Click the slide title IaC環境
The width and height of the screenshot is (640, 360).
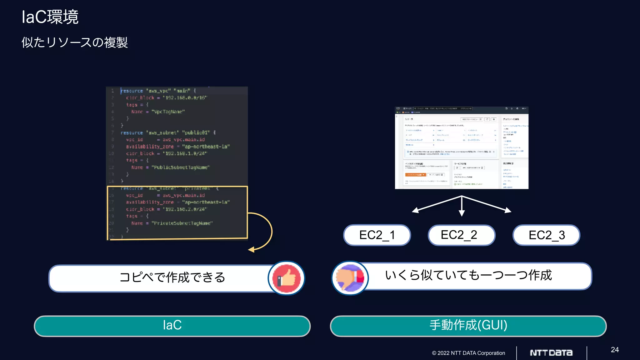pyautogui.click(x=50, y=17)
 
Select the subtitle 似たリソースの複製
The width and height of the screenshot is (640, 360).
pyautogui.click(x=75, y=42)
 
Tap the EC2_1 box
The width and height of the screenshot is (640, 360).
pyautogui.click(x=377, y=235)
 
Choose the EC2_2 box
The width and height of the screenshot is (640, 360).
pyautogui.click(x=462, y=235)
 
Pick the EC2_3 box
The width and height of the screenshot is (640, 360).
pyautogui.click(x=546, y=235)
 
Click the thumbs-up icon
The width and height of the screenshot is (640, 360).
pyautogui.click(x=286, y=278)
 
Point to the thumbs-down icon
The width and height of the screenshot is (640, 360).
pyautogui.click(x=350, y=278)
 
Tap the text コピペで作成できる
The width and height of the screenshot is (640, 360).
pyautogui.click(x=172, y=277)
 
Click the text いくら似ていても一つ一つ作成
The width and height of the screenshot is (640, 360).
pyautogui.click(x=468, y=275)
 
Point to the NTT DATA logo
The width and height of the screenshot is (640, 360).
pyautogui.click(x=551, y=353)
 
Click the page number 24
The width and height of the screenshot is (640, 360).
pyautogui.click(x=615, y=350)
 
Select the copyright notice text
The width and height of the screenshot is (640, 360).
pyautogui.click(x=468, y=353)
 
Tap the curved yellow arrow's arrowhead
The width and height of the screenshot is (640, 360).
pyautogui.click(x=251, y=250)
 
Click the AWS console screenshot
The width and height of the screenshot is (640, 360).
pyautogui.click(x=462, y=147)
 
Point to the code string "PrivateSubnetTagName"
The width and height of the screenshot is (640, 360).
pyautogui.click(x=182, y=223)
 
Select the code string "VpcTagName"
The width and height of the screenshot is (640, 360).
pyautogui.click(x=168, y=112)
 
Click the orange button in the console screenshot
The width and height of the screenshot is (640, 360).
pyautogui.click(x=415, y=175)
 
